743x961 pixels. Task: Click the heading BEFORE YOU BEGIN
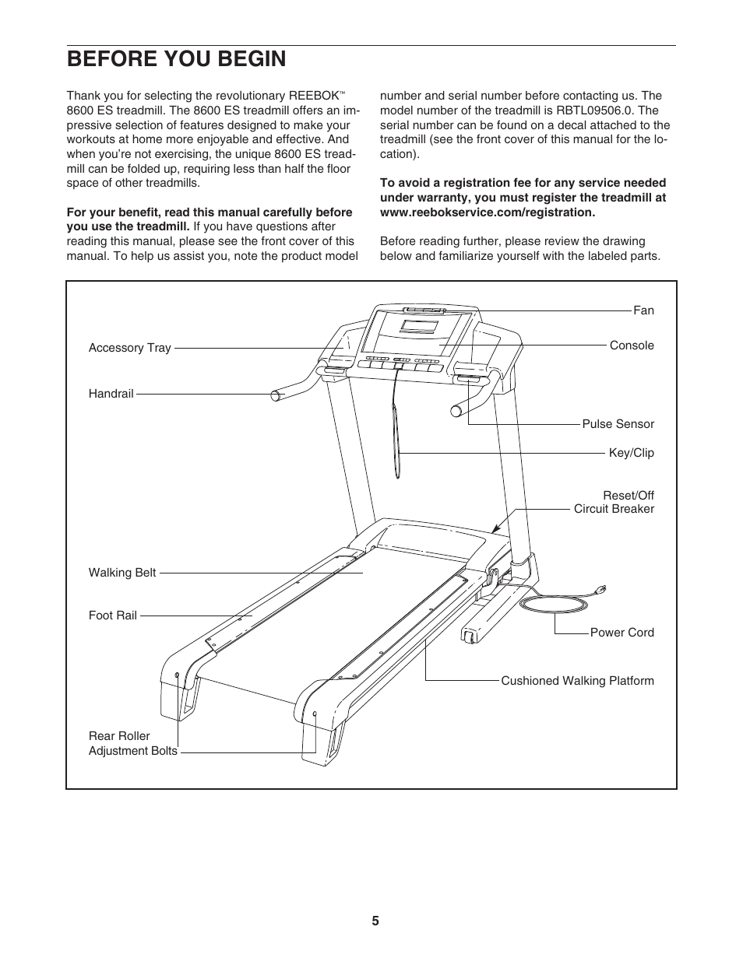[176, 59]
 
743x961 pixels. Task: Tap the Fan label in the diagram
[643, 310]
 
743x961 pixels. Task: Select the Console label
[632, 345]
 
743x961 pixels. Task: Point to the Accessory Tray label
[129, 348]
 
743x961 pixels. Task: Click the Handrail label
[111, 394]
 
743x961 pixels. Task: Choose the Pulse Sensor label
[618, 424]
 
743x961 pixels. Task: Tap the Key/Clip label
[631, 453]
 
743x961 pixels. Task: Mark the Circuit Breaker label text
[614, 509]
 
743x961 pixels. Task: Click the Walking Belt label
[122, 573]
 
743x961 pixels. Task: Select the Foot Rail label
[112, 616]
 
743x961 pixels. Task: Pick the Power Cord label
[622, 633]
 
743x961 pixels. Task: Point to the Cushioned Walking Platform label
[577, 681]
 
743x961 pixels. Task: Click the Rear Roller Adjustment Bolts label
[132, 744]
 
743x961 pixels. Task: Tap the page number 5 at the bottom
[375, 921]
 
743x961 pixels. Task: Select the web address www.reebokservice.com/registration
[488, 212]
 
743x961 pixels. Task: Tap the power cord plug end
[600, 590]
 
